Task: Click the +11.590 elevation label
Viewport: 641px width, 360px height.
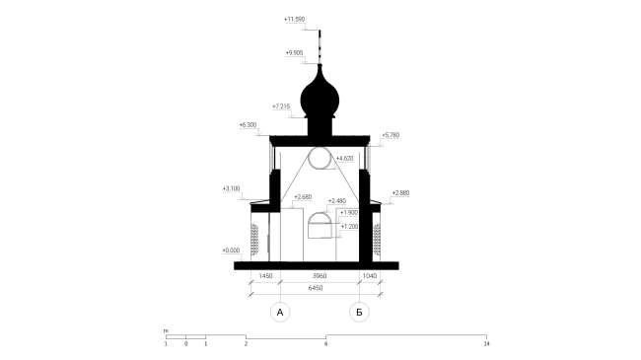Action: click(x=294, y=19)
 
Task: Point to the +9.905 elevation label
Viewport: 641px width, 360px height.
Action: click(x=294, y=53)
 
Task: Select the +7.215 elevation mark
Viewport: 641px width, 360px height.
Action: click(x=281, y=107)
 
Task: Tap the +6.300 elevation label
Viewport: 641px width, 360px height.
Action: click(x=249, y=125)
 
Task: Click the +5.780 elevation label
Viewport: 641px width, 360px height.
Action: click(x=391, y=135)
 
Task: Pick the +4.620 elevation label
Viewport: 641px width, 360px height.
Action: click(x=344, y=159)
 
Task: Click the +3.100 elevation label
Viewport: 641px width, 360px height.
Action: click(x=232, y=188)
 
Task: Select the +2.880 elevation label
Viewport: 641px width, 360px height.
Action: click(x=400, y=193)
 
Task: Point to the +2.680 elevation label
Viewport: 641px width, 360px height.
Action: click(x=303, y=197)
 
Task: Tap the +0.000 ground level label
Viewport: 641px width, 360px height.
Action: click(x=231, y=251)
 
